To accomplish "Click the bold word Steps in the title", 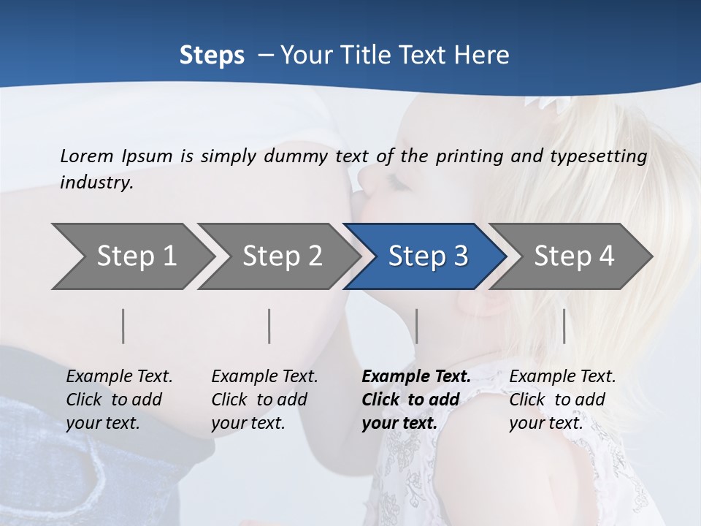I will [x=212, y=56].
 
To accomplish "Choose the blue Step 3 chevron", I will [x=428, y=256].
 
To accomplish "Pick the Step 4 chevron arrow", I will [x=574, y=256].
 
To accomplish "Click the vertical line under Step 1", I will [x=123, y=326].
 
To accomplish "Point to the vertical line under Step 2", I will [x=269, y=326].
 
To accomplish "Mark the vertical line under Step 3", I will [x=416, y=326].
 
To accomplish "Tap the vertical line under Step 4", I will [x=564, y=326].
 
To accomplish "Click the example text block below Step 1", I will [x=119, y=400].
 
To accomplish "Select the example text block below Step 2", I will [x=264, y=400].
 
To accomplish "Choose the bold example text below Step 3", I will [x=415, y=400].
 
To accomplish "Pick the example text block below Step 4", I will [x=562, y=400].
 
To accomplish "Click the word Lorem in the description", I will [x=87, y=156].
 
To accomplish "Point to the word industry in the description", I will [x=96, y=183].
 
